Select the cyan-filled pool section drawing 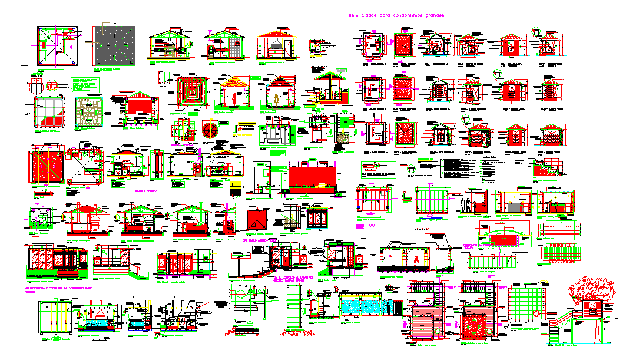(x=365, y=306)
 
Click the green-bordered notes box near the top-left (x=85, y=85)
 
